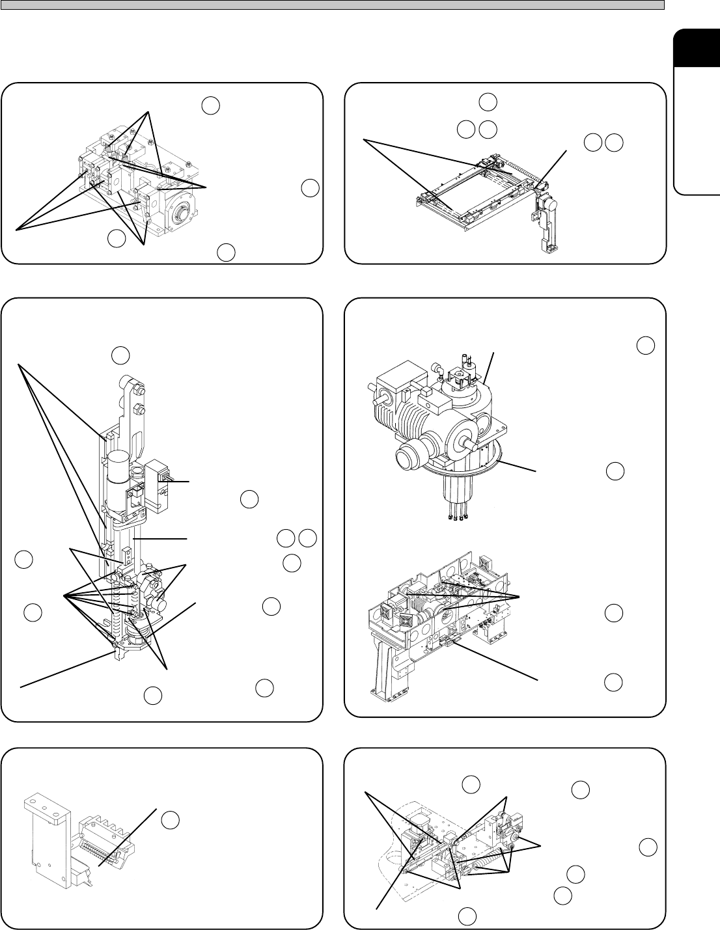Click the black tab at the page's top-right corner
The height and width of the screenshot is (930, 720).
[x=697, y=49]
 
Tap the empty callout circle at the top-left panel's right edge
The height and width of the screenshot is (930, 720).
[x=310, y=188]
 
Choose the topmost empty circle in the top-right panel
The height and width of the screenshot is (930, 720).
[x=488, y=102]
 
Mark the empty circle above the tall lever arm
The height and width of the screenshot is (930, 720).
[x=120, y=355]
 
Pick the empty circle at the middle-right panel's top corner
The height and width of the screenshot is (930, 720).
[x=645, y=346]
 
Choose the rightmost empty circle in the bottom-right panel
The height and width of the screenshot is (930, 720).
[x=647, y=847]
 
